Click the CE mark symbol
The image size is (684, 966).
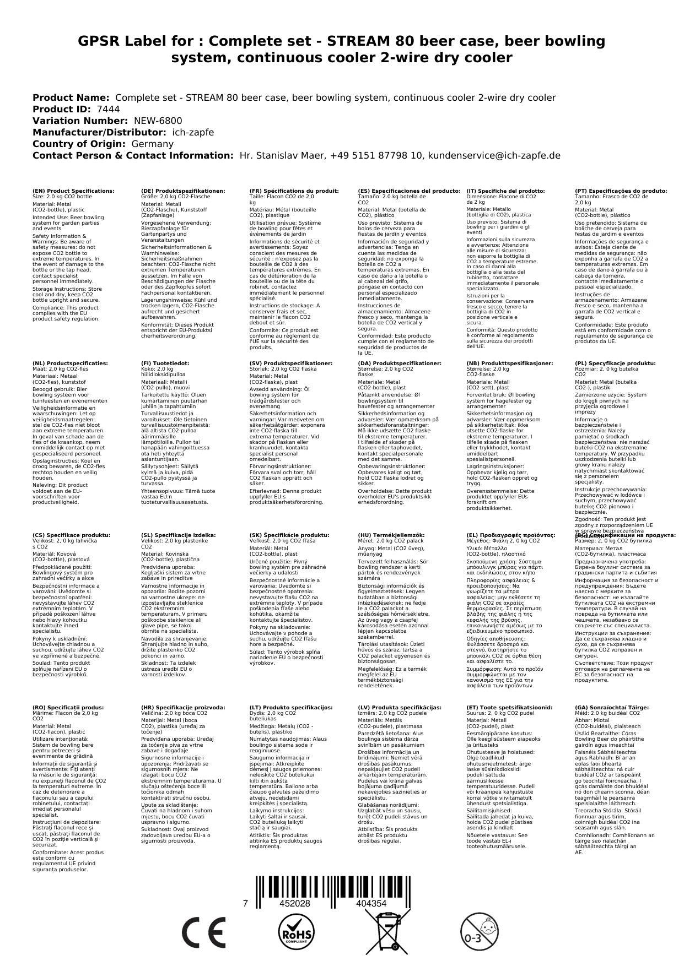pos(203,934)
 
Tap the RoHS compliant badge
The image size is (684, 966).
pos(295,934)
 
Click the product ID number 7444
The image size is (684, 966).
pos(108,109)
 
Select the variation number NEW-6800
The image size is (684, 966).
pos(158,121)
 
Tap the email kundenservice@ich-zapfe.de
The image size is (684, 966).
pos(494,155)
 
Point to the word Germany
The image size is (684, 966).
pos(152,144)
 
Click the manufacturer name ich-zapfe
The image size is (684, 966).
pos(192,132)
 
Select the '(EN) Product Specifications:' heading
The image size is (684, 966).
pos(73,191)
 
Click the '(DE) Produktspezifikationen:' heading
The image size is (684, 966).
pos(183,191)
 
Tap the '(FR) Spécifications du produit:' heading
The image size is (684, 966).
pos(294,191)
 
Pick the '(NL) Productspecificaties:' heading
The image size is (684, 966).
pos(70,363)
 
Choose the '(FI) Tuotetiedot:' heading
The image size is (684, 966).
pos(165,363)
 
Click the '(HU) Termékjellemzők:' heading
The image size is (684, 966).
pos(391,535)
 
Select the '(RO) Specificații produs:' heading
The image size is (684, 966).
pos(68,707)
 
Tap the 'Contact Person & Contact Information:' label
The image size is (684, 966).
pos(133,155)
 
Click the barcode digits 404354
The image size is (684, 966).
pos(371,904)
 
